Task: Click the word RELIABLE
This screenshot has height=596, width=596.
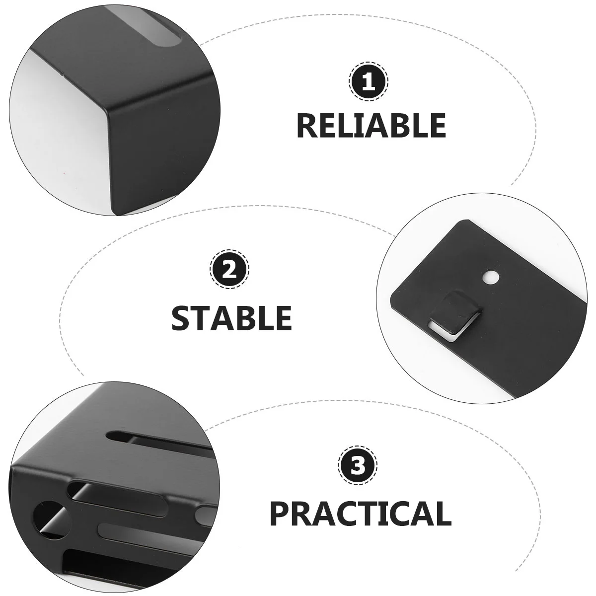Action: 371,125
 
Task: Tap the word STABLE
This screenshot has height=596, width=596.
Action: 231,318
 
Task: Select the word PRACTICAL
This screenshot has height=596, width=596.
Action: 361,514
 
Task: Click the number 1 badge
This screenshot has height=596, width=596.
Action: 369,81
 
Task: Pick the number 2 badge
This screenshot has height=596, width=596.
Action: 229,269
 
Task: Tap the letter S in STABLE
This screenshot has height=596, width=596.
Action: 182,318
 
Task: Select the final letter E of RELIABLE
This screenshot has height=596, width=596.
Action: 437,126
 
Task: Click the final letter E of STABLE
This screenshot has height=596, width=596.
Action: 283,318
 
